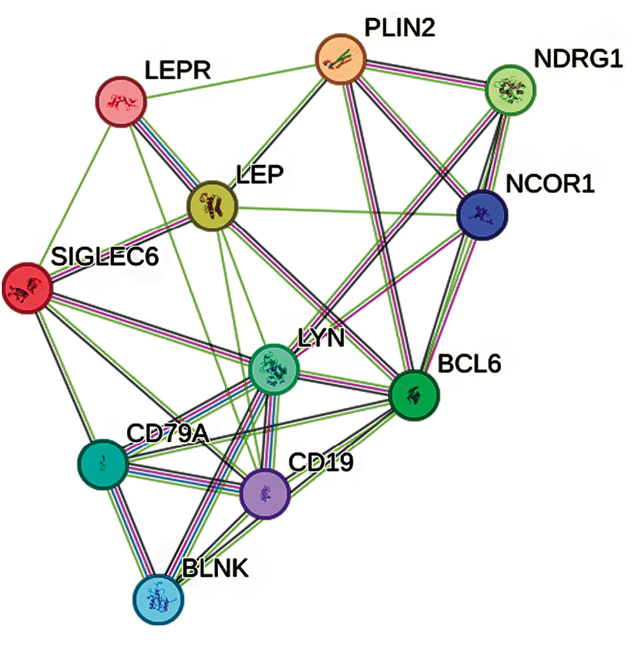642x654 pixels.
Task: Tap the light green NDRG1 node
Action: [x=510, y=90]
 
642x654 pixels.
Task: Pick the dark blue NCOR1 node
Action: [x=483, y=216]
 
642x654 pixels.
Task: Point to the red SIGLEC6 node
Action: [x=27, y=288]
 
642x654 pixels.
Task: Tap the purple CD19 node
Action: [x=266, y=492]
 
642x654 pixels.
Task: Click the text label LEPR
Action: [x=177, y=71]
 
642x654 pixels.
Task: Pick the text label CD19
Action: [x=320, y=462]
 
